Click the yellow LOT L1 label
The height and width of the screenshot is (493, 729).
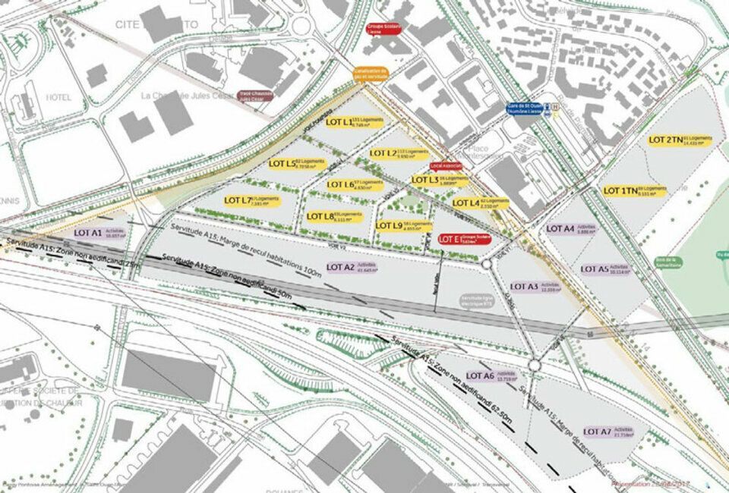(x=354, y=121)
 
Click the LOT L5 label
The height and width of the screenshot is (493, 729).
(x=297, y=163)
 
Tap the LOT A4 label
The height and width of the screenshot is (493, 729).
(x=571, y=229)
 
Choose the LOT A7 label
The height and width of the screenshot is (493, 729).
(x=608, y=432)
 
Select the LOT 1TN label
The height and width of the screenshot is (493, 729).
(x=634, y=191)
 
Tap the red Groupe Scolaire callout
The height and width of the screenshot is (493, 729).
(x=383, y=30)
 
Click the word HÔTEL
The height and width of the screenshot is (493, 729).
(x=58, y=97)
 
